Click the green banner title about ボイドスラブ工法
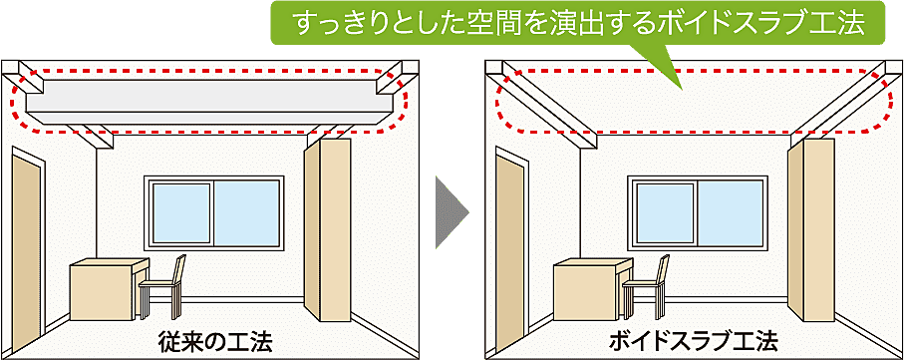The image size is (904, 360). (x=578, y=24)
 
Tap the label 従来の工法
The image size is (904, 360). (x=214, y=339)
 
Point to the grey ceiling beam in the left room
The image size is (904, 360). (x=209, y=96)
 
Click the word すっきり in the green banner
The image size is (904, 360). (x=333, y=24)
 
